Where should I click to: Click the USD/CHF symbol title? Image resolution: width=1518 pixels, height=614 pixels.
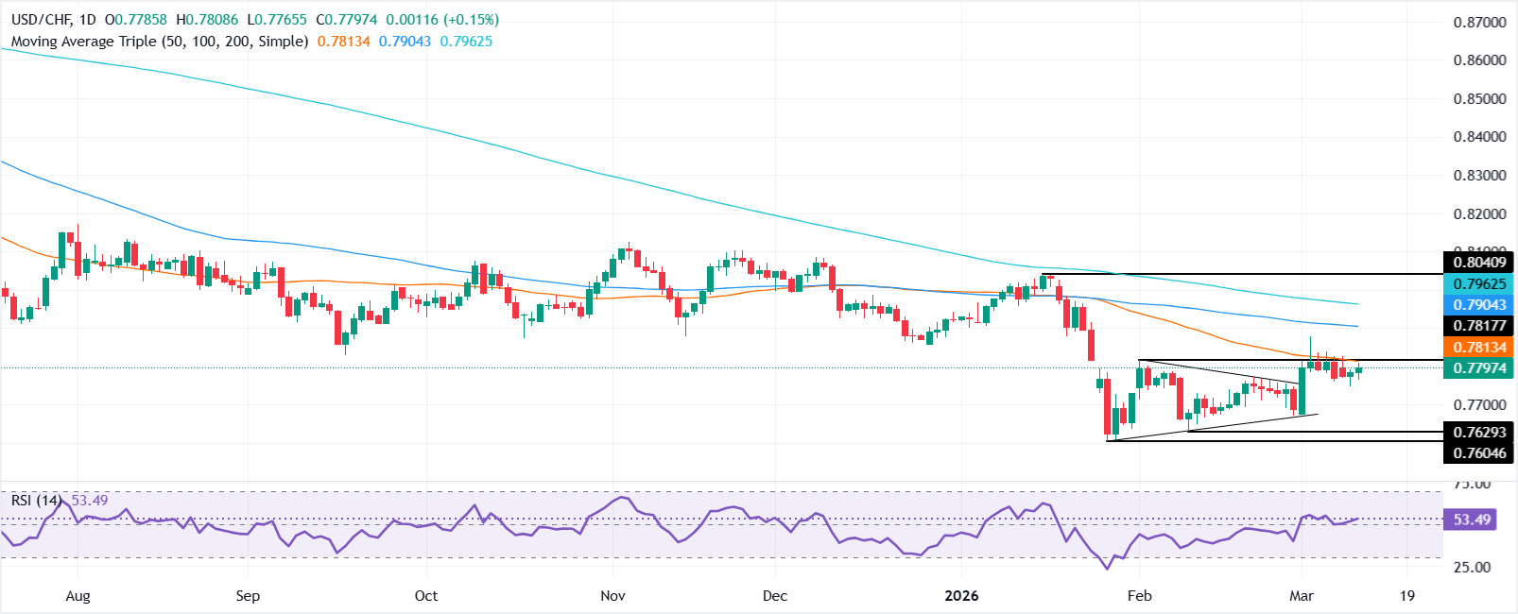point(40,20)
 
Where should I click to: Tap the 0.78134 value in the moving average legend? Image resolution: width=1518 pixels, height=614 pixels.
point(344,42)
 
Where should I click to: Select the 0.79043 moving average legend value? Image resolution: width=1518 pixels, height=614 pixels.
point(405,42)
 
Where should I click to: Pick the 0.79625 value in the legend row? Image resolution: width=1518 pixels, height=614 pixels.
point(466,42)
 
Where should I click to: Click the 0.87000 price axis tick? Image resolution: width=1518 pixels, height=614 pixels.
point(1479,22)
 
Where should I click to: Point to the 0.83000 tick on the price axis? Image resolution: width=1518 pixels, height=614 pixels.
point(1479,176)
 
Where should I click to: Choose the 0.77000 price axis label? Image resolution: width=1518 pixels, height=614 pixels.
point(1479,405)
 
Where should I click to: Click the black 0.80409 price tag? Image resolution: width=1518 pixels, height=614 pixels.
point(1479,263)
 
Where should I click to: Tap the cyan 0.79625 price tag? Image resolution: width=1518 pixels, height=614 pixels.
point(1479,284)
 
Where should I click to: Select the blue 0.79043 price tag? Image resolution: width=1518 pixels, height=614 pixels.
point(1479,305)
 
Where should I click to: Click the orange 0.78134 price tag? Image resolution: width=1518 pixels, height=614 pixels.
point(1479,348)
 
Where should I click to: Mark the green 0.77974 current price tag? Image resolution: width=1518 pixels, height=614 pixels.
point(1479,368)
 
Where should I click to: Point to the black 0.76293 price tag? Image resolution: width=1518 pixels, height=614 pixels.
point(1479,433)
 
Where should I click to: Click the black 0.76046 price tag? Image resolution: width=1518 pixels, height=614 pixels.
point(1479,453)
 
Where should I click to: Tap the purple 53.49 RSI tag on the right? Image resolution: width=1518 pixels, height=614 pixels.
point(1472,520)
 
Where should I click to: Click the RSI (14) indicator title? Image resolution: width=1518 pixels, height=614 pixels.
point(37,501)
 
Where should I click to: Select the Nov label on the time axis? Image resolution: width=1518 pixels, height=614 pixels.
point(612,596)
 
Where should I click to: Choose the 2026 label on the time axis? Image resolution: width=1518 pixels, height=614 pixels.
point(961,596)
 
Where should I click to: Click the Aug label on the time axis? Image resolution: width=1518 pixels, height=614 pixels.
point(78,596)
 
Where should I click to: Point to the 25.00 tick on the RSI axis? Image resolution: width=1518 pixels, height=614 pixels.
point(1470,568)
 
